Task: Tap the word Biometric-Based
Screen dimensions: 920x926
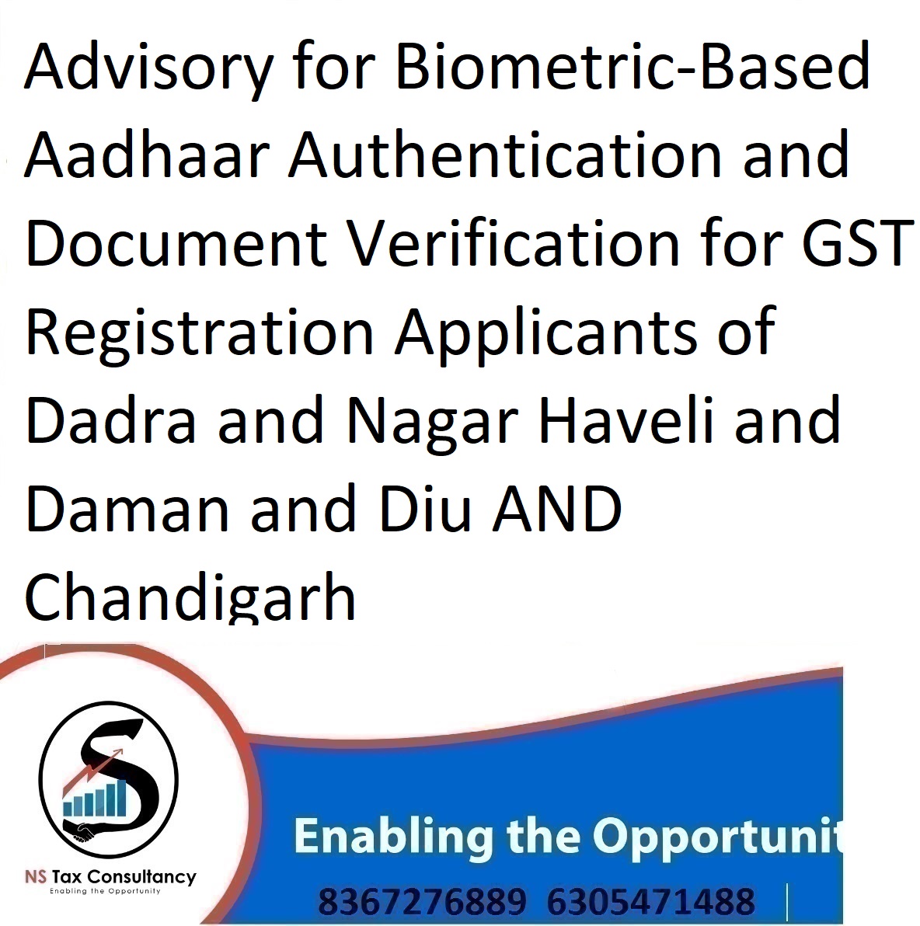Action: [x=632, y=65]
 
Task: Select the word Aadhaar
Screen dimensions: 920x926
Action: [x=147, y=154]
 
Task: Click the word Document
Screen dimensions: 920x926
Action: [x=176, y=242]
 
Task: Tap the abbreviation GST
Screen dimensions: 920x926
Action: [x=857, y=242]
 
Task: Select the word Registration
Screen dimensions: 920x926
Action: [x=200, y=332]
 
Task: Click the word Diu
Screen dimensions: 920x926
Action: [x=425, y=509]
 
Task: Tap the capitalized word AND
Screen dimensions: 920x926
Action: [x=557, y=509]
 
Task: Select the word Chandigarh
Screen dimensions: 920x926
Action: [x=190, y=597]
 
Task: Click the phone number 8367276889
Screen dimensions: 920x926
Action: [x=422, y=902]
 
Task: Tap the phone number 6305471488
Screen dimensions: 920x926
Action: [x=650, y=902]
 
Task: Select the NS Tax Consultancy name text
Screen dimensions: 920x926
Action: [x=110, y=876]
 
